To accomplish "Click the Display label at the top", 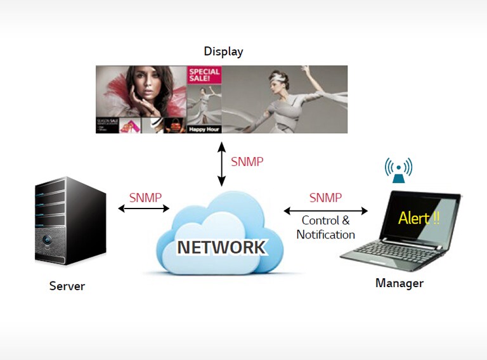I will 223,51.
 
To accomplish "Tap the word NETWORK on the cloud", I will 221,247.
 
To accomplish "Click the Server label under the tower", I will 67,286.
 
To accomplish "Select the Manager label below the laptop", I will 399,283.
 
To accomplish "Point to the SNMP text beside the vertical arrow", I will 247,162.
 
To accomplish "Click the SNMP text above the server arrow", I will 145,197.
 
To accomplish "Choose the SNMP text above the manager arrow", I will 325,198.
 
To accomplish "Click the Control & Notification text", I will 325,228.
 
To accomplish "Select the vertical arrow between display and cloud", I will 221,164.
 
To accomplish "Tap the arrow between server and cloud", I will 144,208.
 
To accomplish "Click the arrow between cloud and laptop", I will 325,210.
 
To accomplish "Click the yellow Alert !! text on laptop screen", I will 419,218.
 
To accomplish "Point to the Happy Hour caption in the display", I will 204,129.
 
